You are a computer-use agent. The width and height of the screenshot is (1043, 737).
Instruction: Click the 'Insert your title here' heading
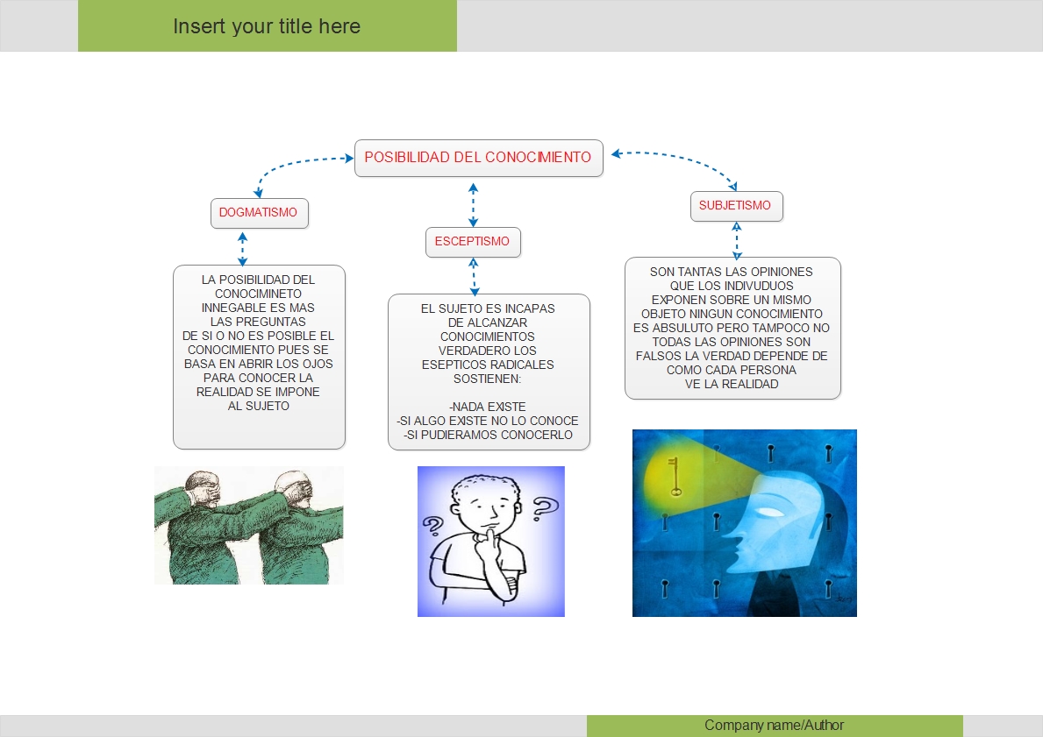tap(267, 26)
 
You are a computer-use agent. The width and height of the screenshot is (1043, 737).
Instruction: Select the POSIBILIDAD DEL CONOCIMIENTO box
tap(478, 158)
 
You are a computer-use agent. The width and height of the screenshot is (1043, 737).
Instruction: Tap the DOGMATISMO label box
tap(259, 213)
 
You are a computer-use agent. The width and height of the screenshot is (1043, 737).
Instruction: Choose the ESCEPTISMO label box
tap(473, 242)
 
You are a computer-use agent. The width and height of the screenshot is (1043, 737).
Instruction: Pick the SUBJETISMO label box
tap(735, 206)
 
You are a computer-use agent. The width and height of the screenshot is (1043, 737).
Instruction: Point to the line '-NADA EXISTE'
tap(488, 407)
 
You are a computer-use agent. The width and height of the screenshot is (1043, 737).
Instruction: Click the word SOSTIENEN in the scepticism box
tap(488, 379)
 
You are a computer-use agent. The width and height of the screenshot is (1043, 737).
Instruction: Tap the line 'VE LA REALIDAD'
tap(732, 384)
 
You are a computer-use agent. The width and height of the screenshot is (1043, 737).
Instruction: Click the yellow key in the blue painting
tap(675, 476)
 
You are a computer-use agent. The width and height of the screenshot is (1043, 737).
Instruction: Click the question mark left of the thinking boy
tap(432, 528)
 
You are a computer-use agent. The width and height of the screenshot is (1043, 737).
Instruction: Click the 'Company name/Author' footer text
tap(774, 726)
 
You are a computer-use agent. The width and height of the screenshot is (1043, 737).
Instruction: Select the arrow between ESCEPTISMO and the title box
tap(474, 204)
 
